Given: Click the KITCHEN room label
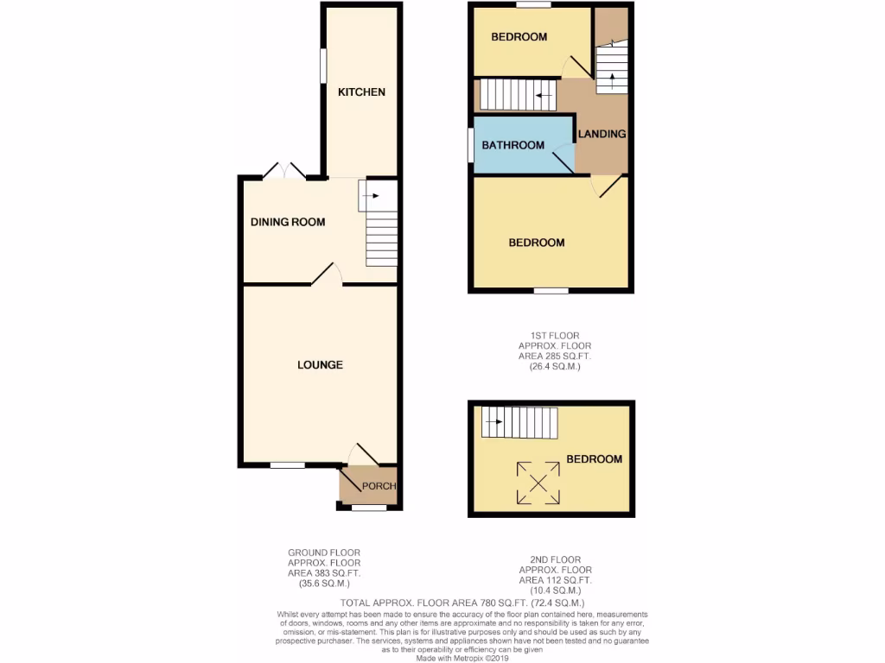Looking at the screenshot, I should [361, 92].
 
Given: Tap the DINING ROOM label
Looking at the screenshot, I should [288, 223].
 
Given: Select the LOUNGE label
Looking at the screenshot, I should [320, 365].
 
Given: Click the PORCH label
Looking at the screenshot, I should [378, 487].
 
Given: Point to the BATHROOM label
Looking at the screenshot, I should [513, 145].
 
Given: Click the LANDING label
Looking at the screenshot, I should [602, 134].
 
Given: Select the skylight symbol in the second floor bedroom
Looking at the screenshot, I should [537, 482].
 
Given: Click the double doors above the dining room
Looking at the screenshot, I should [284, 172].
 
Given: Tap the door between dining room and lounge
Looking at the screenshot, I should [327, 275].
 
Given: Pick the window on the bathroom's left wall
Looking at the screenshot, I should [470, 144].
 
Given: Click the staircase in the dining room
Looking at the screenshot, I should [380, 230].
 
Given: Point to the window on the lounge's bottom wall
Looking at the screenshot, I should [287, 465].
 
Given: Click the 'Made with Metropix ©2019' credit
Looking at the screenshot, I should [463, 657].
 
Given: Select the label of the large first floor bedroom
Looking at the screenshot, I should [536, 243].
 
